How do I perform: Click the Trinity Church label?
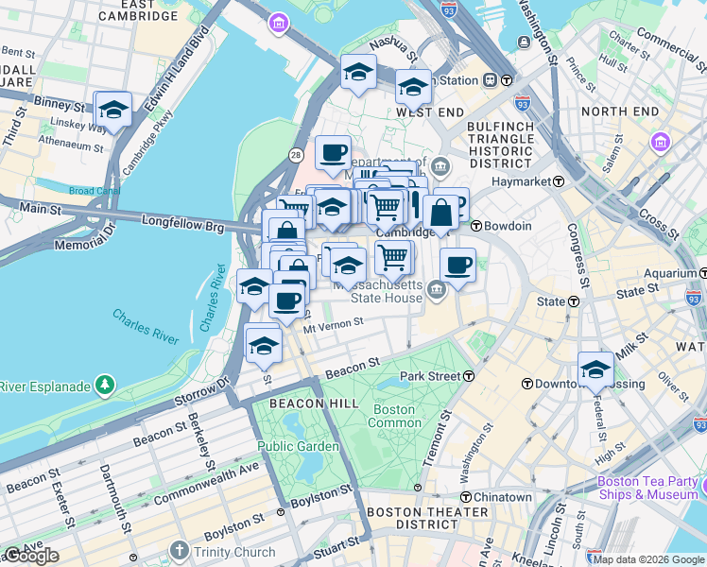[x=234, y=550]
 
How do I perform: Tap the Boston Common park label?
[x=394, y=416]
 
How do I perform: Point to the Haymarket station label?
[x=520, y=180]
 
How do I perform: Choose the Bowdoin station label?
[x=509, y=226]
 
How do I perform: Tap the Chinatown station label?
[x=502, y=497]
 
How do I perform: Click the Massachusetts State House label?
[x=386, y=291]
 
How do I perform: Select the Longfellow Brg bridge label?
[x=183, y=224]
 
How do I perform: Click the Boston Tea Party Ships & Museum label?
[x=647, y=488]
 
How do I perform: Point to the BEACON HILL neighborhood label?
[x=301, y=404]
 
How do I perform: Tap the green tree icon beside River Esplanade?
[x=104, y=386]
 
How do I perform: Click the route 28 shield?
[x=296, y=154]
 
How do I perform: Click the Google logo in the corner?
[x=30, y=556]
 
